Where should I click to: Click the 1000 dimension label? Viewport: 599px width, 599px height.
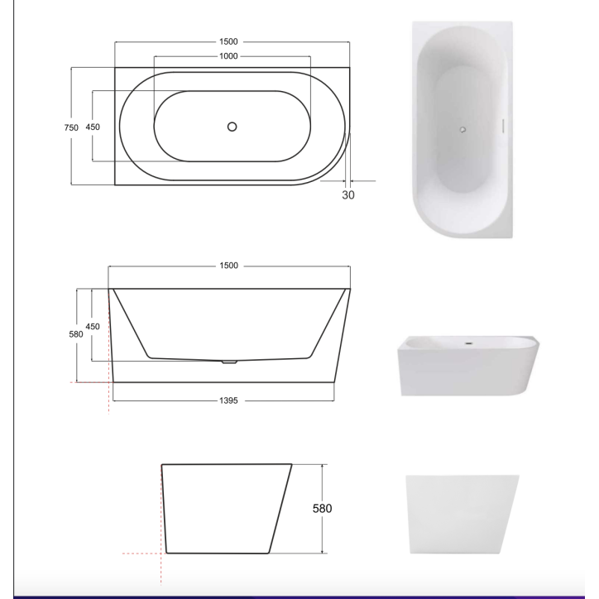[x=229, y=56]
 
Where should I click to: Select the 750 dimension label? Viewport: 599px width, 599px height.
[x=71, y=127]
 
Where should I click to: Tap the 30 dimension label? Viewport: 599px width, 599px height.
[x=347, y=194]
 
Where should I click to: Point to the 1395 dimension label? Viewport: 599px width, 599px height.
[x=229, y=400]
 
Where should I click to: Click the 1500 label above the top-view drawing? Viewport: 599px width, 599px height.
[x=229, y=41]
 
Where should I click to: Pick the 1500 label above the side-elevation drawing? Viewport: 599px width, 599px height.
[x=229, y=266]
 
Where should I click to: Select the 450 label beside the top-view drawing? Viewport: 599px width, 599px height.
[x=93, y=127]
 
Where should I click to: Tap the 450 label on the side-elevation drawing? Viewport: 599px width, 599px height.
[x=93, y=327]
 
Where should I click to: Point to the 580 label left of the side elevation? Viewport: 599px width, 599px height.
[x=76, y=335]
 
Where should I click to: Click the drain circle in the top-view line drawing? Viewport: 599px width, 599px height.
[x=232, y=127]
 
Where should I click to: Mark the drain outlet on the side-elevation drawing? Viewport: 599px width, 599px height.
[x=230, y=362]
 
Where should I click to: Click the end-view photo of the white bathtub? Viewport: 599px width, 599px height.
[x=463, y=513]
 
